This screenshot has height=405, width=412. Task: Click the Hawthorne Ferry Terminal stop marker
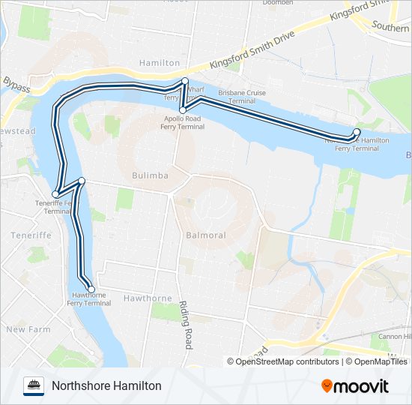(91, 289)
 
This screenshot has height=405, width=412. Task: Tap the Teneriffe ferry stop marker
(55, 194)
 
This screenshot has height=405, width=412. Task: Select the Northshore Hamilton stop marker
(357, 132)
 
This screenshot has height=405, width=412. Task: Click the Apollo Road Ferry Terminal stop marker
(182, 110)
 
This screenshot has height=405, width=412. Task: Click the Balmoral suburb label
(205, 235)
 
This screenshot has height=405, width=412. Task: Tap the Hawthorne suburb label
(148, 298)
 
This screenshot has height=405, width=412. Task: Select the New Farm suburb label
(28, 329)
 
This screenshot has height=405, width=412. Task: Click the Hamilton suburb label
(160, 64)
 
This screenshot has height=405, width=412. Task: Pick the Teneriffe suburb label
(30, 235)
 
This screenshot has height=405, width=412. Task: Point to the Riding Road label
(184, 325)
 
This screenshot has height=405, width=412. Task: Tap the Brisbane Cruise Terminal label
(242, 97)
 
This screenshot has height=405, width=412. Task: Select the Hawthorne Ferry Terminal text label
(88, 300)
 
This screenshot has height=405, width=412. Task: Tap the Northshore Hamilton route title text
(106, 385)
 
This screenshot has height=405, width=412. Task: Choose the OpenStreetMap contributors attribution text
(287, 361)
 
